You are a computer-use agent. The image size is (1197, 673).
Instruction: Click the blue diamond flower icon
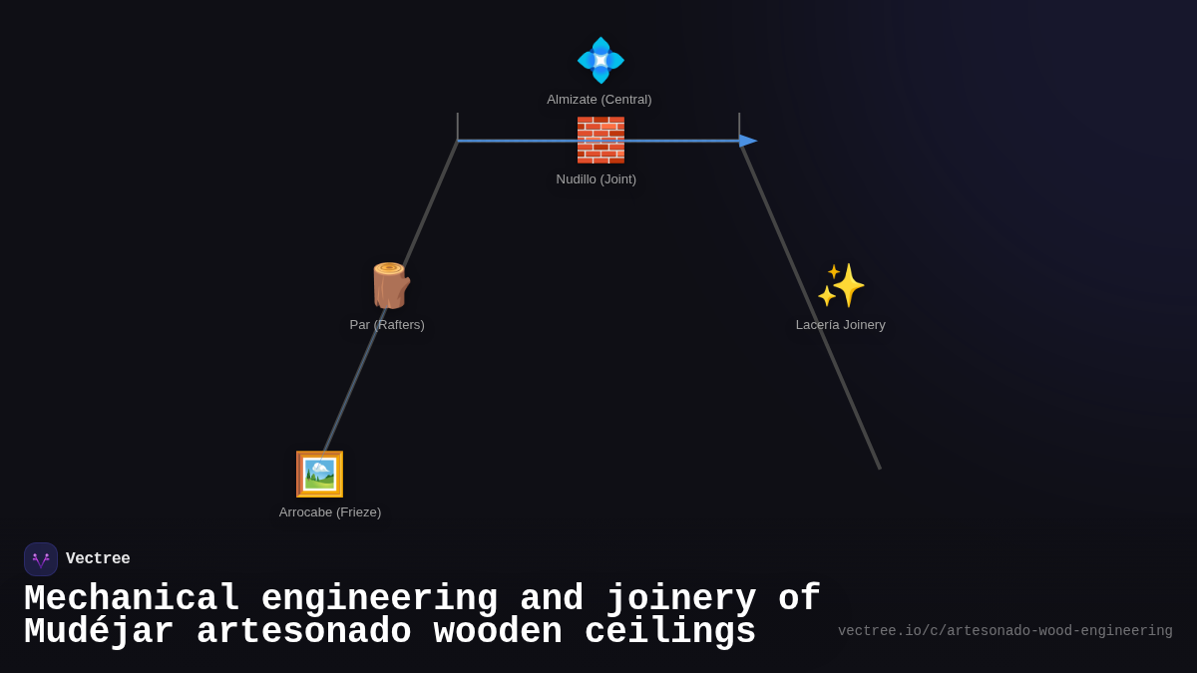click(x=600, y=61)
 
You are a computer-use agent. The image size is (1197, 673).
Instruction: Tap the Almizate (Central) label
click(x=599, y=100)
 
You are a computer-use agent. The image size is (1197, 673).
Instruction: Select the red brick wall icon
click(x=600, y=140)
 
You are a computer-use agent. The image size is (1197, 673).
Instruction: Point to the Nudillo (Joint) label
click(x=596, y=178)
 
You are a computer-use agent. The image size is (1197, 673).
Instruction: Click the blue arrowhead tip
click(x=757, y=141)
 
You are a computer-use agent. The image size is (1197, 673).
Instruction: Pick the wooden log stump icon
click(x=391, y=286)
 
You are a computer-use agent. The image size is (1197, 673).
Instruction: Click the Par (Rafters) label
click(x=387, y=325)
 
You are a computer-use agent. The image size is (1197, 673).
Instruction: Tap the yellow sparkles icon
click(x=841, y=285)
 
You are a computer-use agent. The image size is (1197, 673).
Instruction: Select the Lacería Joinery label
click(x=841, y=325)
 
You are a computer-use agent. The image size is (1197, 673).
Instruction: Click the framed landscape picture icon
click(x=319, y=474)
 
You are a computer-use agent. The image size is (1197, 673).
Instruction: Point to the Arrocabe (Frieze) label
click(x=330, y=512)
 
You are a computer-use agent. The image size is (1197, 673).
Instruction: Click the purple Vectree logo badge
click(x=41, y=559)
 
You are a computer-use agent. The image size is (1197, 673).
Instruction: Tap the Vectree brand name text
click(x=98, y=558)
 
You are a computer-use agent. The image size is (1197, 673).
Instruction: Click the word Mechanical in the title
click(x=132, y=597)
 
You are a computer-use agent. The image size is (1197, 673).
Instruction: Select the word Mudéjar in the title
click(x=99, y=632)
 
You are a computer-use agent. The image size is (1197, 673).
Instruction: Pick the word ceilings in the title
click(x=670, y=632)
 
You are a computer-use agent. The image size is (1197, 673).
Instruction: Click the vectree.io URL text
click(x=1005, y=631)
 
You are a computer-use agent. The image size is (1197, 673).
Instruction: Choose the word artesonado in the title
click(x=304, y=632)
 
